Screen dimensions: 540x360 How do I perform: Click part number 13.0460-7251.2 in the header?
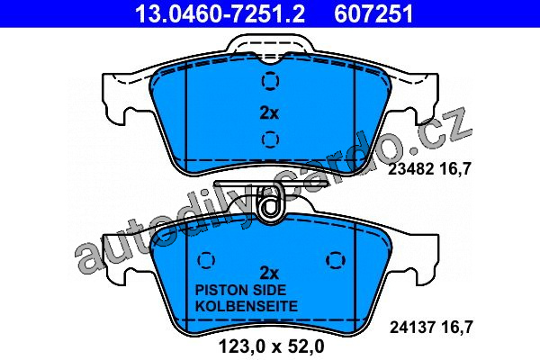tap(220, 14)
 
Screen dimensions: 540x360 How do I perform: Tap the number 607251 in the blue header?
tap(373, 14)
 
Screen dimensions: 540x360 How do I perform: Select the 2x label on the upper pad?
tap(269, 112)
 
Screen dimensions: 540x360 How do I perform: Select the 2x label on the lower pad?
tap(269, 274)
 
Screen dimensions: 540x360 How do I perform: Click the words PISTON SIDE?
tap(240, 290)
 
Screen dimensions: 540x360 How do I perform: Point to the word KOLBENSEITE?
tap(247, 306)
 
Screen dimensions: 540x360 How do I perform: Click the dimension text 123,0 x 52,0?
tap(272, 346)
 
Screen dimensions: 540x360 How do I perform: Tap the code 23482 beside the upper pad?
tap(410, 169)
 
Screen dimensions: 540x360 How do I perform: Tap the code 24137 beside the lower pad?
tap(411, 328)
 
